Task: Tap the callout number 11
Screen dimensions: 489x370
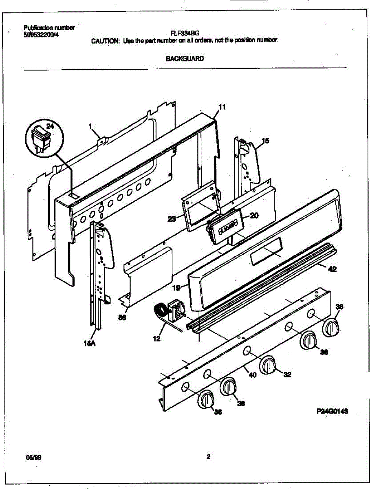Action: tap(222, 107)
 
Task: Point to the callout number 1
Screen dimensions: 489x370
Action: tap(90, 126)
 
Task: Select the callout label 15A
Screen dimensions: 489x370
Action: tap(90, 344)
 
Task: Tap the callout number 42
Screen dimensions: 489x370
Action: tap(332, 269)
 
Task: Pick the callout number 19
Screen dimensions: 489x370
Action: tap(176, 287)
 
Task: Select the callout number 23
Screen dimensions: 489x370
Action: tap(172, 219)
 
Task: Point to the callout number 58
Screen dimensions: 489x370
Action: tap(121, 317)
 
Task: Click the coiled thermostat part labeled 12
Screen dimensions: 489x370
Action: tap(160, 312)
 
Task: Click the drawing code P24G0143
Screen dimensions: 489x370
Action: tap(332, 412)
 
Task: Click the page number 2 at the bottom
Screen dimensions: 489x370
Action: tap(208, 457)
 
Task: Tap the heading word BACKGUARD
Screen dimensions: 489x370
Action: tap(185, 58)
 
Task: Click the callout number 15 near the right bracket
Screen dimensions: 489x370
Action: tap(265, 141)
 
